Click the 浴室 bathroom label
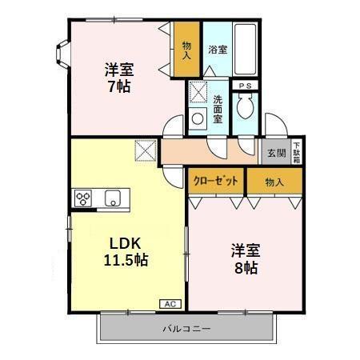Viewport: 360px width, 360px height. tap(218, 50)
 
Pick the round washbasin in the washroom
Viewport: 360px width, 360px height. tap(198, 119)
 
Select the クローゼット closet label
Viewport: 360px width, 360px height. tap(216, 182)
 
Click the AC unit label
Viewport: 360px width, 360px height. tap(170, 304)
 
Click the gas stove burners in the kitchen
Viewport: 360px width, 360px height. tap(85, 198)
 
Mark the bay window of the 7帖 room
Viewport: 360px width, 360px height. tap(61, 53)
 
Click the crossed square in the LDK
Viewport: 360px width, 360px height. tap(146, 150)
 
